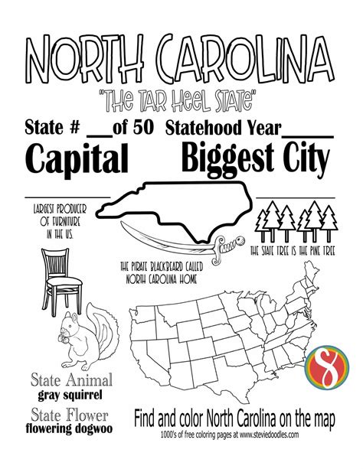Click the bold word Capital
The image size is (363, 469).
77,158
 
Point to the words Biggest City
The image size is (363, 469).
256,159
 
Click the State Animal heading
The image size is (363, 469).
70,380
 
